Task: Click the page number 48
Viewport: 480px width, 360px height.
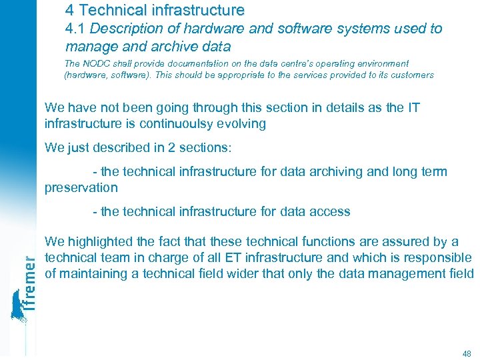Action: [x=465, y=353]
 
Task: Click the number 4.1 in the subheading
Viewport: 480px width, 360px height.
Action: [x=75, y=29]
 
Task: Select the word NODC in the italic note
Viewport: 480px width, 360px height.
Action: [x=95, y=63]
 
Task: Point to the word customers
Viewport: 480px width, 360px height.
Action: [x=413, y=75]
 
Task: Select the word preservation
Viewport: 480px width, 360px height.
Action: [x=81, y=188]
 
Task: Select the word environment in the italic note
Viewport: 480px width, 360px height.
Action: [x=379, y=63]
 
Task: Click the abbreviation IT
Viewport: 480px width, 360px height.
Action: [x=413, y=107]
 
